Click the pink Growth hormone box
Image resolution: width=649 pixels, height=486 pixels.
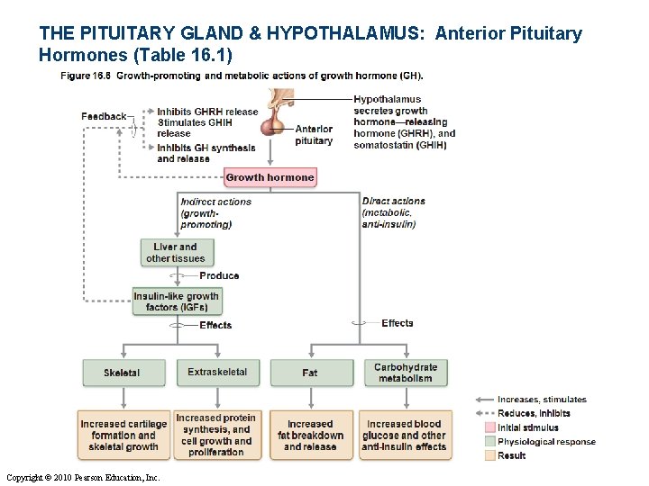(270, 177)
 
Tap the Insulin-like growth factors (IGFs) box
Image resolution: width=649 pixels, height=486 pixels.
(176, 301)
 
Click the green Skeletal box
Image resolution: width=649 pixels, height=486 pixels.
(122, 373)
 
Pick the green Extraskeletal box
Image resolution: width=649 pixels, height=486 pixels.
(216, 373)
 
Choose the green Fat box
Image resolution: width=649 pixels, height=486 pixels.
(309, 373)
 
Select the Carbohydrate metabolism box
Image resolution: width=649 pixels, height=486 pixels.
(405, 373)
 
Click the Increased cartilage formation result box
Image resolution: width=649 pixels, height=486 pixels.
(123, 436)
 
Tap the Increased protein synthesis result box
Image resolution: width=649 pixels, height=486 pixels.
(216, 436)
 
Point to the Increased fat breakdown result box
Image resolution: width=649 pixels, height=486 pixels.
(310, 436)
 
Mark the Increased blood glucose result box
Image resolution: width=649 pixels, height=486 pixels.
(404, 436)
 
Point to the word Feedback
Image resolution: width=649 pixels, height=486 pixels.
(104, 116)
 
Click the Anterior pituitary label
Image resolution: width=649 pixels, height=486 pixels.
(314, 135)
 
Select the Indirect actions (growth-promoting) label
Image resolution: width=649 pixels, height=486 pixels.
(215, 212)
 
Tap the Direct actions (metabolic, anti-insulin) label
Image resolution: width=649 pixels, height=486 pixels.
(393, 212)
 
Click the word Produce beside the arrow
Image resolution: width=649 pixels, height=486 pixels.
(219, 276)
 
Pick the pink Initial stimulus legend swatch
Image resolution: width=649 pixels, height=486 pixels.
(489, 427)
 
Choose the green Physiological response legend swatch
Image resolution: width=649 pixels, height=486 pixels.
(489, 441)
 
